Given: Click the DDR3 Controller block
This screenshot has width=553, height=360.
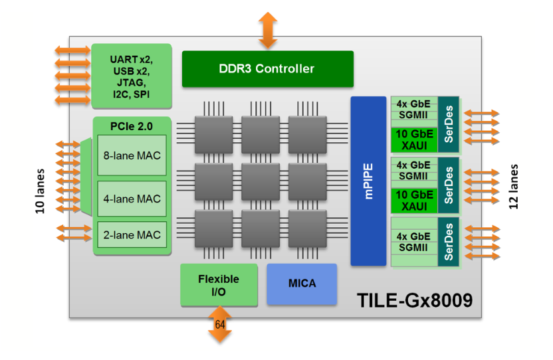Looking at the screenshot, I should pyautogui.click(x=267, y=68).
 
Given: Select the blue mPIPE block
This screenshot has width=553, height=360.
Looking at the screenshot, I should pyautogui.click(x=368, y=181).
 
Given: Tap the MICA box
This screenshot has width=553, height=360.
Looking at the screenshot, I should pyautogui.click(x=302, y=284).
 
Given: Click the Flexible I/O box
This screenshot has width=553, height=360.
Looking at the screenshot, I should pyautogui.click(x=219, y=285).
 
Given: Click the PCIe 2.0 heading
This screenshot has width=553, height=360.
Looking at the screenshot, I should pyautogui.click(x=132, y=125).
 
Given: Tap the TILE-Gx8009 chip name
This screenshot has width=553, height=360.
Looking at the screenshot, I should pyautogui.click(x=415, y=300).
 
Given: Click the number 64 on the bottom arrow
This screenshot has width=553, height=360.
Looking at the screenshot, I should pyautogui.click(x=220, y=324).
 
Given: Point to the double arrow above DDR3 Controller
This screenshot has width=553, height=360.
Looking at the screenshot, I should pyautogui.click(x=268, y=30).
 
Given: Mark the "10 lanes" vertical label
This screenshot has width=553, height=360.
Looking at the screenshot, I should pyautogui.click(x=41, y=190).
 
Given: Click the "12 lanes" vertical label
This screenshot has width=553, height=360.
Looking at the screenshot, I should pyautogui.click(x=514, y=187).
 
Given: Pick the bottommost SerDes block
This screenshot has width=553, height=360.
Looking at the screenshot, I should pyautogui.click(x=449, y=242).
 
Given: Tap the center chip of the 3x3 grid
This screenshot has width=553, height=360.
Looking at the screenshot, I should pyautogui.click(x=261, y=180).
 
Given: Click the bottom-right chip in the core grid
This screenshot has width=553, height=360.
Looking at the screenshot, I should pyautogui.click(x=307, y=226).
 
